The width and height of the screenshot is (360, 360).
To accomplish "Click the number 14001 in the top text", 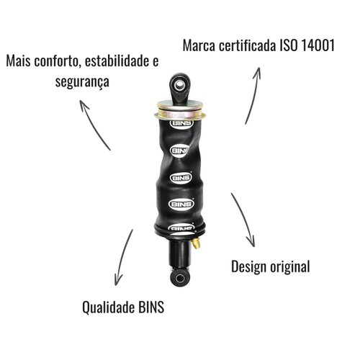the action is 318,45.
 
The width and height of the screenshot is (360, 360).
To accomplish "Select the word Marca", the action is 199,45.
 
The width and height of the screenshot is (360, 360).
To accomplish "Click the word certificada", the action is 247,45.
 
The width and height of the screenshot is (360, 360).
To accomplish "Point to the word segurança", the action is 82,82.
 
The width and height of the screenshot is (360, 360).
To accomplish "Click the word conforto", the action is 56,61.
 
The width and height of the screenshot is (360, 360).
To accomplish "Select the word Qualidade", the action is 108,307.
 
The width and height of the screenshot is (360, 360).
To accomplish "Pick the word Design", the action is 249,266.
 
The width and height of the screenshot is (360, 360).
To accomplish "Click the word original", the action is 290,266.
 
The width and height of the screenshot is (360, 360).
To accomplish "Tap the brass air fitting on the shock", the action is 197,243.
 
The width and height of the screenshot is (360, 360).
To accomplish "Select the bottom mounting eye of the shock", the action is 179,278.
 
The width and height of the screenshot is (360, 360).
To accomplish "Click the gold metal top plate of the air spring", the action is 180,110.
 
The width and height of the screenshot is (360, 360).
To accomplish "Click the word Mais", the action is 18,61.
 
